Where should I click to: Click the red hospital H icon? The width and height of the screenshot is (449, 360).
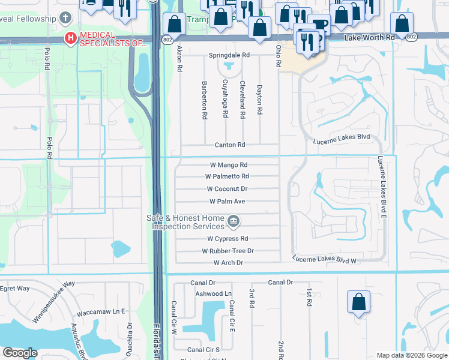[71, 39]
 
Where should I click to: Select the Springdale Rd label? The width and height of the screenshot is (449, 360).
[229, 55]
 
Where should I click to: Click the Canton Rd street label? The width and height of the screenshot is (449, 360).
[230, 145]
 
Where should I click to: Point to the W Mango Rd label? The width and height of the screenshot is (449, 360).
[228, 164]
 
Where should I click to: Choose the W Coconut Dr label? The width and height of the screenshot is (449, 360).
[228, 189]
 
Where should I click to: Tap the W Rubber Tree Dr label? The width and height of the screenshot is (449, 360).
[228, 251]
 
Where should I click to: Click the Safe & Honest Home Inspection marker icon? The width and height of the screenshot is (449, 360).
[234, 223]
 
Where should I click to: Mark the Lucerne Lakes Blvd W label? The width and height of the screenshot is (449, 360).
[325, 260]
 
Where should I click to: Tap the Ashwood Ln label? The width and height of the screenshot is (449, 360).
[214, 293]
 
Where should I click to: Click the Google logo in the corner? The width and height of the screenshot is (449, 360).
[20, 353]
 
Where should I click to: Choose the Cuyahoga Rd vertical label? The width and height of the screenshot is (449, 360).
[226, 98]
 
